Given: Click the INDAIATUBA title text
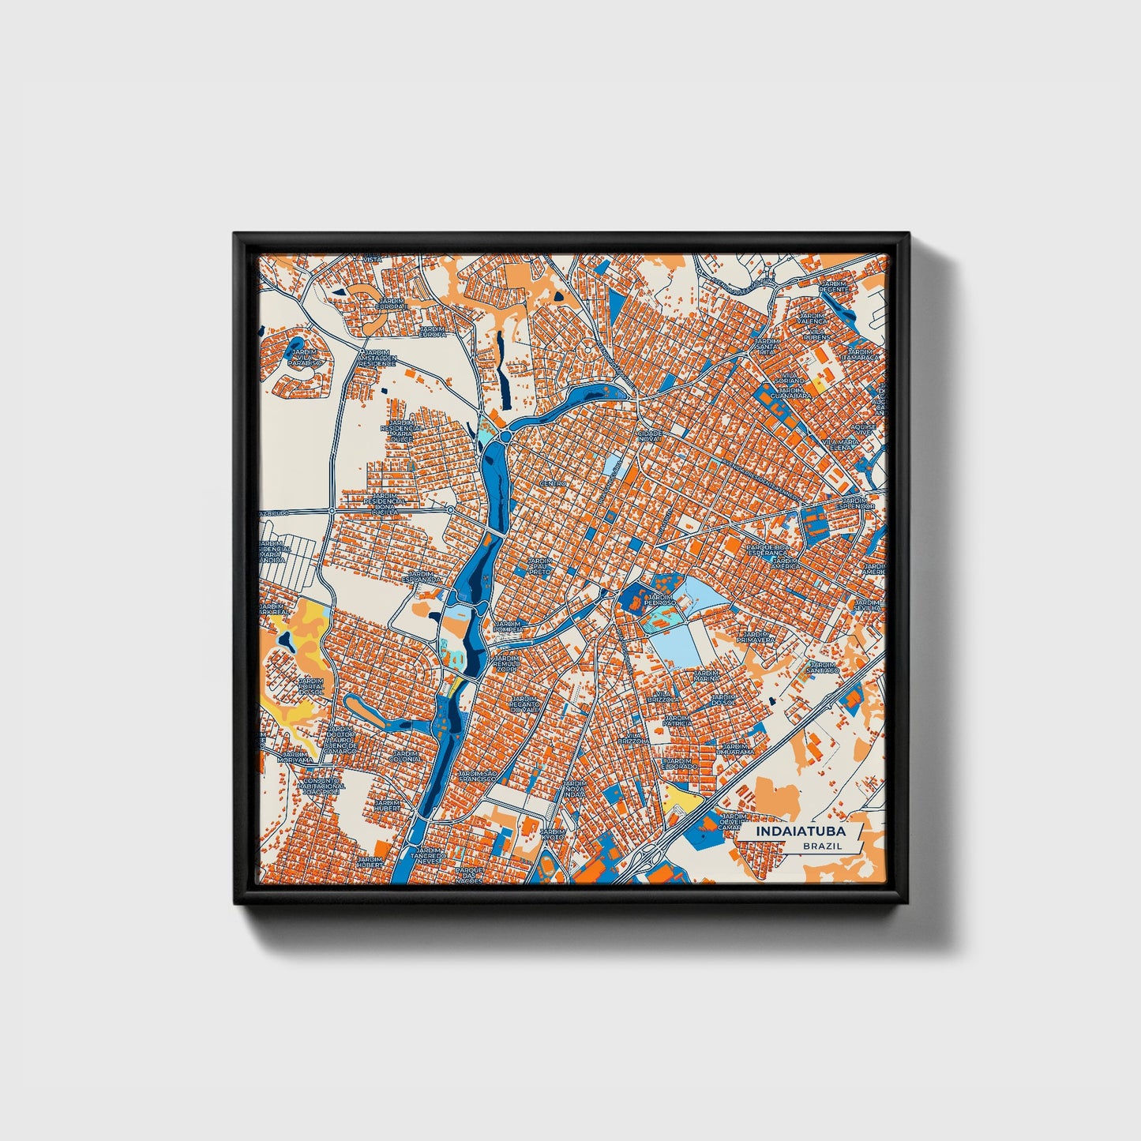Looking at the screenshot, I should [800, 831].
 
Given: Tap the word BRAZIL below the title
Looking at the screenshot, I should [822, 846].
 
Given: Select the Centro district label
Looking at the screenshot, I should [554, 482].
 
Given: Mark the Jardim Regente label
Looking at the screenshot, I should [833, 286].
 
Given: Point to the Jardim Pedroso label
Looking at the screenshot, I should [660, 600].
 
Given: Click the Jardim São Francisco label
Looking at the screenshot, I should [479, 775].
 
